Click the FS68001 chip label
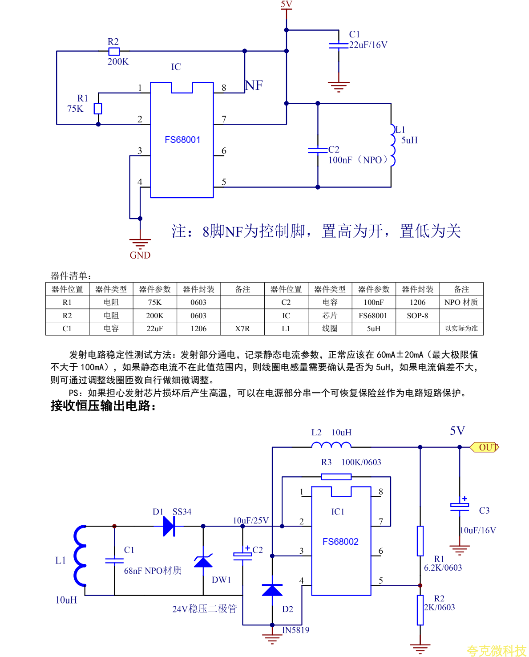tap(182, 140)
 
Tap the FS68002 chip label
tap(340, 542)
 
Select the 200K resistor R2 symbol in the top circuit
tap(114, 51)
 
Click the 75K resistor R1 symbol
tap(98, 109)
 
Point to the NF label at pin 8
tap(254, 85)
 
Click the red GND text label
tap(140, 255)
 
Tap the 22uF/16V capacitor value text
tap(368, 45)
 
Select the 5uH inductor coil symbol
tap(392, 145)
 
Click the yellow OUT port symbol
tap(485, 447)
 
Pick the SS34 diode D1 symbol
tap(169, 526)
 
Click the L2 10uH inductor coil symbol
tap(331, 445)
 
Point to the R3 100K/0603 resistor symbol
tap(336, 477)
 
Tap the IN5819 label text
tap(296, 630)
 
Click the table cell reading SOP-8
tap(417, 316)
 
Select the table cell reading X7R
tap(242, 328)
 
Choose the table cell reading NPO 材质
tap(461, 302)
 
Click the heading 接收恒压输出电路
tap(103, 406)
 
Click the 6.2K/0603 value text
tap(443, 568)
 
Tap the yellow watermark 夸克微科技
tap(496, 651)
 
